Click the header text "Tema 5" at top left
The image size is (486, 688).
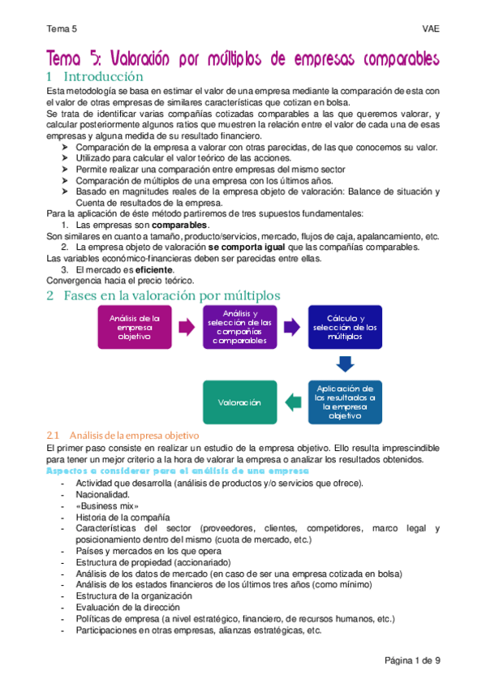pos(61,29)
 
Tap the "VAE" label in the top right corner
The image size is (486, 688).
pos(430,29)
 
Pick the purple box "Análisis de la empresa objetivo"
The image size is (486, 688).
pos(134,327)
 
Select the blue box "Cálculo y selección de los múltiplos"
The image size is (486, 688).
pos(345,327)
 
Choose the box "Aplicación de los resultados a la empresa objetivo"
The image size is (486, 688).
pos(345,402)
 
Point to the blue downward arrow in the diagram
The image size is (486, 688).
pos(345,364)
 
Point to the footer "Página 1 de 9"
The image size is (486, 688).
pos(412,660)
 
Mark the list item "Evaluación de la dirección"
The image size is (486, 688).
pos(127,607)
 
